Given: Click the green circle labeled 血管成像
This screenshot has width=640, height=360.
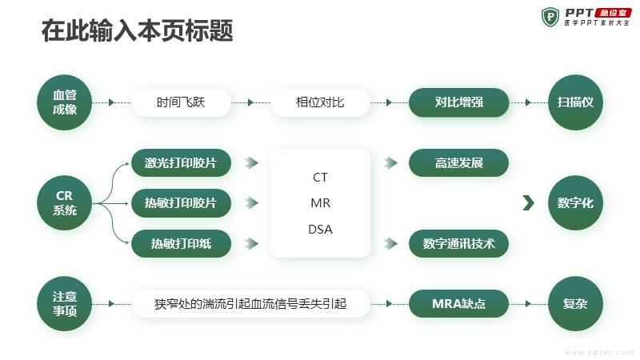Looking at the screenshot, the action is [65, 102].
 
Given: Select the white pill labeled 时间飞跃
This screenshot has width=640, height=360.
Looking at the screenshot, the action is [181, 102].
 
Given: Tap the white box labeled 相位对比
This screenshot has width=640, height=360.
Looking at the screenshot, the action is [320, 102].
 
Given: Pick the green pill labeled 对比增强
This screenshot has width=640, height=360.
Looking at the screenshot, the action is [458, 102].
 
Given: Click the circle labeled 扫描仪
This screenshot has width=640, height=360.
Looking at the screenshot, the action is [575, 102].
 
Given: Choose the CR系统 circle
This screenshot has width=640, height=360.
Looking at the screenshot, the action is [65, 203].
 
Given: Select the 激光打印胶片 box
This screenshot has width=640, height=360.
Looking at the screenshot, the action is [181, 163].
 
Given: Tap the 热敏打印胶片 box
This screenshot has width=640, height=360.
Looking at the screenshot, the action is [181, 203].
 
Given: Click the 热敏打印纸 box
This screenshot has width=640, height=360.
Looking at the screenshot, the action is [181, 244].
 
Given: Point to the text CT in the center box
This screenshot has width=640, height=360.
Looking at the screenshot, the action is [320, 178].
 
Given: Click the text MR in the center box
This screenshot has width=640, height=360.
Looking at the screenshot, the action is [321, 203].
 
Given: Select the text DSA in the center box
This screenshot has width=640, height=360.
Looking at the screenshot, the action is [321, 230].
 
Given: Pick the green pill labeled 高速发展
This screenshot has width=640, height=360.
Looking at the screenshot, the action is [458, 163].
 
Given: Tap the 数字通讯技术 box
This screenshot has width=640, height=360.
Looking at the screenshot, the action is [458, 244].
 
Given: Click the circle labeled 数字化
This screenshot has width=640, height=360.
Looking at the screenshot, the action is [575, 203].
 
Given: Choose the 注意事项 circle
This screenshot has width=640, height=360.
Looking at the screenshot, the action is [65, 304].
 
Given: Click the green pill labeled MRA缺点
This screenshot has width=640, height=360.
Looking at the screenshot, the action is [458, 304].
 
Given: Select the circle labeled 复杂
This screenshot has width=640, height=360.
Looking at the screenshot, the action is [575, 304].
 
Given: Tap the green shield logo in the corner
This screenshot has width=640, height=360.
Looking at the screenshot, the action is [550, 17].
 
